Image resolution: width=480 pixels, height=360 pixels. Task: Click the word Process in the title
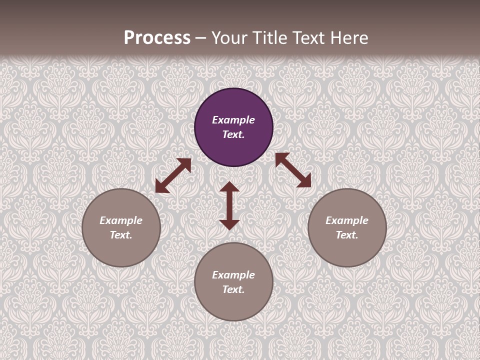(x=157, y=38)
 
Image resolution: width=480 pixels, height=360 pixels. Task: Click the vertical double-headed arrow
(x=229, y=205)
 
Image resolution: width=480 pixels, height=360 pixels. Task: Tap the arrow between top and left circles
(x=173, y=175)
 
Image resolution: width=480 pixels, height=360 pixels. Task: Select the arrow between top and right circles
(x=293, y=170)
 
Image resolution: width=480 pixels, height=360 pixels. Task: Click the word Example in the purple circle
(x=233, y=120)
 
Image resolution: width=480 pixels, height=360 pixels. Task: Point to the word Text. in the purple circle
(x=233, y=134)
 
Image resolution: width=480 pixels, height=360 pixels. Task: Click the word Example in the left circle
(x=121, y=220)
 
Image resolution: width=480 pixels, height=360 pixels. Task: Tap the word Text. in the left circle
(x=121, y=235)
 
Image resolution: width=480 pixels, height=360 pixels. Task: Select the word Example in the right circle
(x=347, y=220)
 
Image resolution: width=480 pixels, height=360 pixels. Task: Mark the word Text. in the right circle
(x=347, y=235)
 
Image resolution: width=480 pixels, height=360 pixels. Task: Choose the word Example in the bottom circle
(x=233, y=275)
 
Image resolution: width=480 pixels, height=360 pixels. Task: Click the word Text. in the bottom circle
(x=233, y=289)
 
